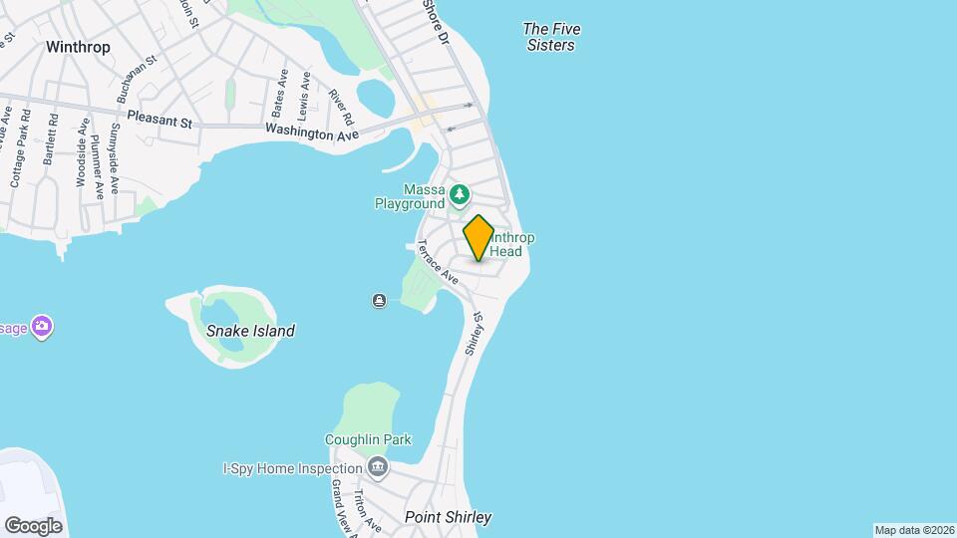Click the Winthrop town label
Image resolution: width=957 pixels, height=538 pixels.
[78, 47]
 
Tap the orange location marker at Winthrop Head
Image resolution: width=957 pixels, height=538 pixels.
[478, 237]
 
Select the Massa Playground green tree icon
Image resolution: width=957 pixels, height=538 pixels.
[460, 192]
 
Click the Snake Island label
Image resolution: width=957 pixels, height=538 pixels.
[250, 331]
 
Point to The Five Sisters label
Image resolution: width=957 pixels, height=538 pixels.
[551, 37]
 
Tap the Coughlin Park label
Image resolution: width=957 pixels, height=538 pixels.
[368, 440]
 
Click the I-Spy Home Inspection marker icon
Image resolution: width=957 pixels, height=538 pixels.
[378, 466]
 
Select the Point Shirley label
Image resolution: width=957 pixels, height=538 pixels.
[448, 517]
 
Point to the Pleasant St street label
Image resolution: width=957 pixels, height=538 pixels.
[159, 120]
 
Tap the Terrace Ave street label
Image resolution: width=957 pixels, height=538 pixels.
[438, 264]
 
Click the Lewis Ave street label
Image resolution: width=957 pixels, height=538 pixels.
[304, 96]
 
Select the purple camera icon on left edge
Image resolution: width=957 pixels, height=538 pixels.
[41, 326]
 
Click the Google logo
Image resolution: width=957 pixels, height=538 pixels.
[33, 525]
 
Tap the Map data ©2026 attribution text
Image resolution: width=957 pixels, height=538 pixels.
[913, 530]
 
